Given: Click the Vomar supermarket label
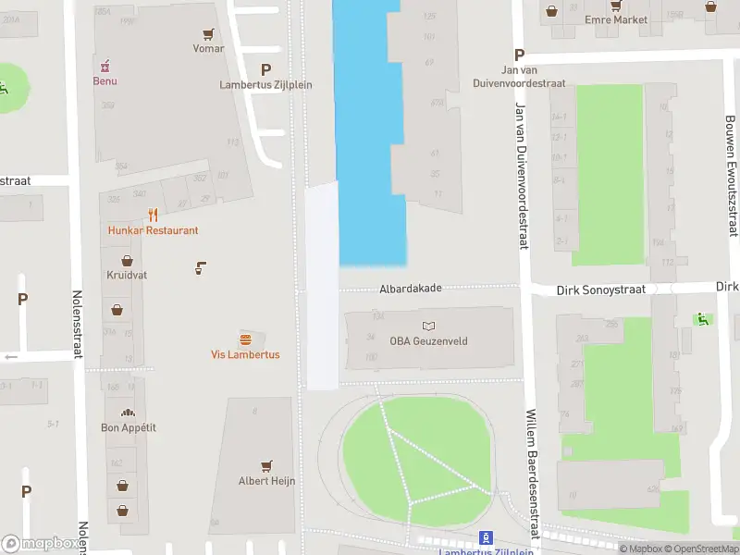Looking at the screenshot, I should click(x=208, y=48).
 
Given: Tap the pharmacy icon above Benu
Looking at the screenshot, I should click(x=105, y=65).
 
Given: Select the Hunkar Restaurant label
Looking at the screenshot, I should click(x=153, y=230).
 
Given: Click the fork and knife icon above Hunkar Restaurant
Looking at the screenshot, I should click(x=153, y=215).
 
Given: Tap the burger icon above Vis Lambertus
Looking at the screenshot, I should click(x=245, y=339).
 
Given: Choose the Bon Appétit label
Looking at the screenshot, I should click(x=128, y=427).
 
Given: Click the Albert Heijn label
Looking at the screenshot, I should click(x=266, y=480).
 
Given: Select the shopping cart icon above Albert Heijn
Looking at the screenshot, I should click(x=266, y=464).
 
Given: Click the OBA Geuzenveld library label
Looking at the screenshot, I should click(x=428, y=341).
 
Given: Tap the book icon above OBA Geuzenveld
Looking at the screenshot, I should click(x=428, y=326).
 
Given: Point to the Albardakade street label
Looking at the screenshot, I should click(x=410, y=289).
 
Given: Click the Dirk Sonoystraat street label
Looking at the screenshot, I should click(x=600, y=290).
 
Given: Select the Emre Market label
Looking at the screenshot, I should click(x=616, y=19).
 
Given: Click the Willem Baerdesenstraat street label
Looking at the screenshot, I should click(x=532, y=474).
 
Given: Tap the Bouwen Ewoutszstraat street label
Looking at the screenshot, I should click(x=731, y=176).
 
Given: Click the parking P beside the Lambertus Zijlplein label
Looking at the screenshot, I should click(x=266, y=69).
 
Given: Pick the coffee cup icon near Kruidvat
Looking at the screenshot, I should click(x=200, y=268).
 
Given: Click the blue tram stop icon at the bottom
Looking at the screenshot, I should click(x=484, y=537).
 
